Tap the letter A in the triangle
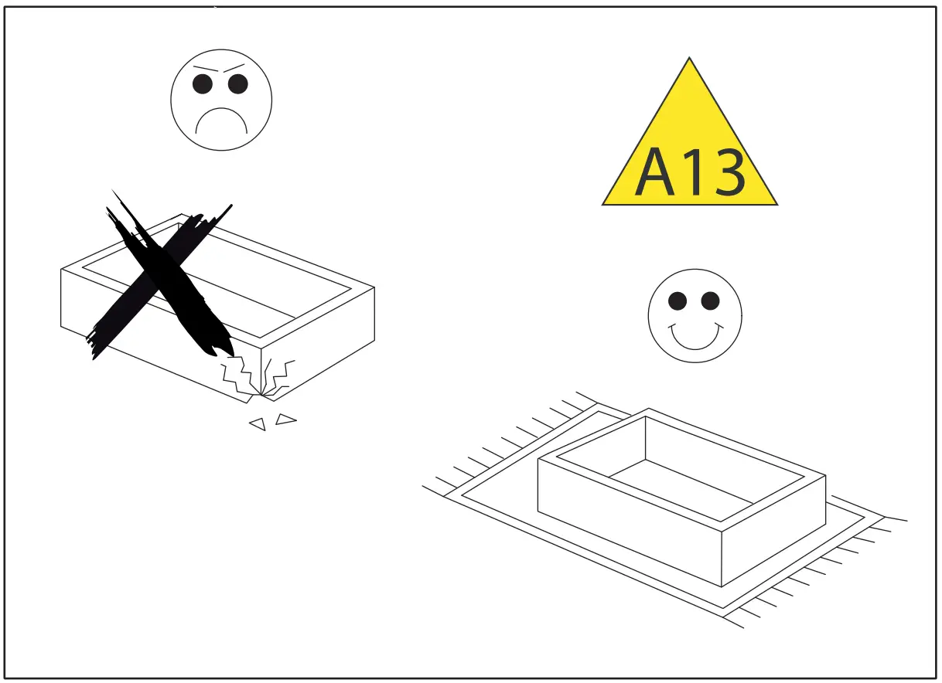coord(654,173)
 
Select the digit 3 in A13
coord(727,173)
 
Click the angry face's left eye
coord(203,84)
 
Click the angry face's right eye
coord(238,83)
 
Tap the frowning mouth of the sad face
coord(221,120)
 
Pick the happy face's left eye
coord(677,301)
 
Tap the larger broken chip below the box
coord(286,420)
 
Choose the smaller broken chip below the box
coord(258,423)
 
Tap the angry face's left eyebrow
coord(203,68)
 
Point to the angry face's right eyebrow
coord(234,67)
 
